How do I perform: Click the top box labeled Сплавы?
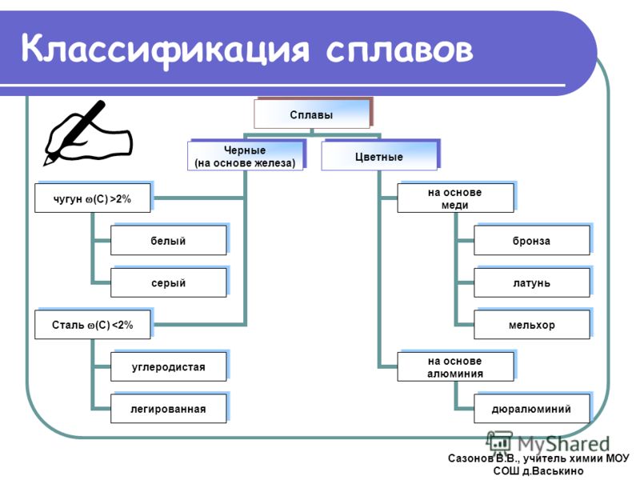[312, 114]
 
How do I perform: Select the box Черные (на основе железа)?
[245, 156]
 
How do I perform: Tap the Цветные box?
[379, 156]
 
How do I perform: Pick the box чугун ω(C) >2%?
[92, 198]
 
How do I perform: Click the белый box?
[169, 241]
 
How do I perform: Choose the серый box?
[169, 282]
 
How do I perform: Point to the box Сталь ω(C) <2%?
[92, 325]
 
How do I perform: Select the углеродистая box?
[169, 367]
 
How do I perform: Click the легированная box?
[169, 409]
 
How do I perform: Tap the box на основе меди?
[455, 198]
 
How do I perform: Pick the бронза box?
[532, 241]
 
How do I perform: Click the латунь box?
[532, 282]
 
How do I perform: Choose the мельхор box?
[532, 325]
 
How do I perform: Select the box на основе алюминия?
[455, 367]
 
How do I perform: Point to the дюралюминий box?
[532, 409]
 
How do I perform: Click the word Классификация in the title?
[166, 50]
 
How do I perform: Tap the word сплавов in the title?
[399, 50]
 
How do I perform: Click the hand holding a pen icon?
[88, 133]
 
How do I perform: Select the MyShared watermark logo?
[548, 443]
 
